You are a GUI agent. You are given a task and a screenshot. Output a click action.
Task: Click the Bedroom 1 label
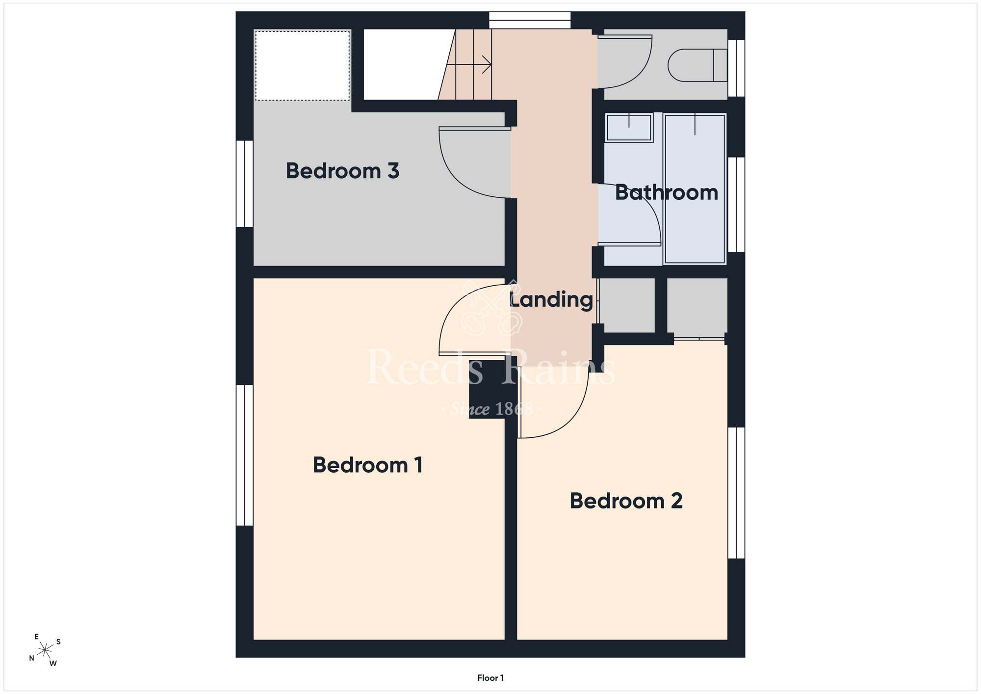point(368,465)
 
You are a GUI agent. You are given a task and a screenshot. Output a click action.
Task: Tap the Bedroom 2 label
point(626,501)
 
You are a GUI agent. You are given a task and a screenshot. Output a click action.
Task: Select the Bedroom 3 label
point(342,171)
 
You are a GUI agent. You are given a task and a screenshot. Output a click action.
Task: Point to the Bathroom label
point(667,192)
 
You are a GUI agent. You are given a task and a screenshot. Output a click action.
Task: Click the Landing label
point(551,300)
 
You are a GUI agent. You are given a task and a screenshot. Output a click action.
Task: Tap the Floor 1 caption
point(490,678)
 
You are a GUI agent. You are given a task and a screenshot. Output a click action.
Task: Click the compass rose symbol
point(45,650)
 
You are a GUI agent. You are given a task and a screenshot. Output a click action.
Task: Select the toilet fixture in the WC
point(697,65)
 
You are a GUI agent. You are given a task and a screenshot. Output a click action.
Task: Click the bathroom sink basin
point(629,128)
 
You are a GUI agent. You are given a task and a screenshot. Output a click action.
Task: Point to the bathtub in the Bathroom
point(695,189)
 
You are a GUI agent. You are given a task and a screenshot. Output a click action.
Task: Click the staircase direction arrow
point(469,64)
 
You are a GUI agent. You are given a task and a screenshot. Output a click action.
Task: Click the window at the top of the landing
point(530,20)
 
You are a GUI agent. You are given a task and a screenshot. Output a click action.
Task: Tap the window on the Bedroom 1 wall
point(245,455)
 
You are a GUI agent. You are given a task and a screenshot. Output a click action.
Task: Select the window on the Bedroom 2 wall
point(736,493)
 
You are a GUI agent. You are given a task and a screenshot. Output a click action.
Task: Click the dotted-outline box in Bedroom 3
point(303,65)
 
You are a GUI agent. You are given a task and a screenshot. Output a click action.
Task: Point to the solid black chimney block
point(487,389)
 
